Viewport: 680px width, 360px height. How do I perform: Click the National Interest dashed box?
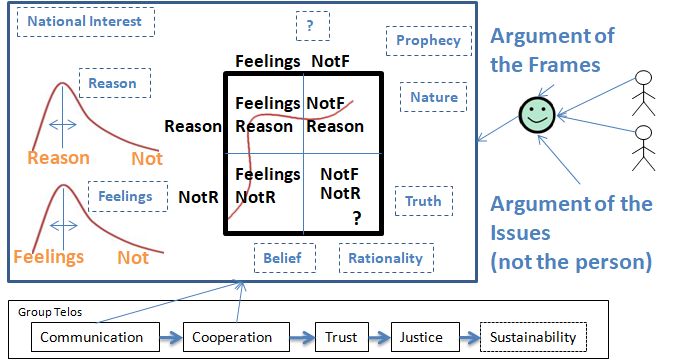[x=85, y=22]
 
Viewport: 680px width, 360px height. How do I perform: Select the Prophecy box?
[x=428, y=41]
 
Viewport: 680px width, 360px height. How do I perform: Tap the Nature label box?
[x=433, y=97]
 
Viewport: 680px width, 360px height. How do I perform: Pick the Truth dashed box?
[x=424, y=201]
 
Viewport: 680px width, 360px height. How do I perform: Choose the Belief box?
[x=284, y=258]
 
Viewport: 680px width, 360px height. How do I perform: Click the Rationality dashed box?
[x=386, y=258]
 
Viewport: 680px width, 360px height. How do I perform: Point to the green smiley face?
[x=537, y=115]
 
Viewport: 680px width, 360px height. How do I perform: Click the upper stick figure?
[x=643, y=93]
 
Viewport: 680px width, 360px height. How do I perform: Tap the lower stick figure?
[x=643, y=148]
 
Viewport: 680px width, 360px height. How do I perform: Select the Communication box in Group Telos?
[x=95, y=337]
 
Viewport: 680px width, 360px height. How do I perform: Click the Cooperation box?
[x=236, y=337]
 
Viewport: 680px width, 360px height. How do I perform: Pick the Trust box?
[x=342, y=337]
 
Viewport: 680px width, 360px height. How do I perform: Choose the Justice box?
[x=425, y=337]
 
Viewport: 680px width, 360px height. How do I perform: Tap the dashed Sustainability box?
[x=533, y=337]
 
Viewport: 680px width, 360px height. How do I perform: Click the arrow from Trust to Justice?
[x=380, y=337]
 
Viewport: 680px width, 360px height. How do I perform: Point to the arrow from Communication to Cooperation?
[x=171, y=337]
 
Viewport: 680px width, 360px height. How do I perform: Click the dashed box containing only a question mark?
[x=313, y=26]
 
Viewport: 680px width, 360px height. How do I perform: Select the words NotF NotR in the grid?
[x=340, y=184]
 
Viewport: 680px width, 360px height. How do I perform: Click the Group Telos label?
[x=50, y=312]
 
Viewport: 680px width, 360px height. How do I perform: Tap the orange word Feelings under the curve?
[x=49, y=257]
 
